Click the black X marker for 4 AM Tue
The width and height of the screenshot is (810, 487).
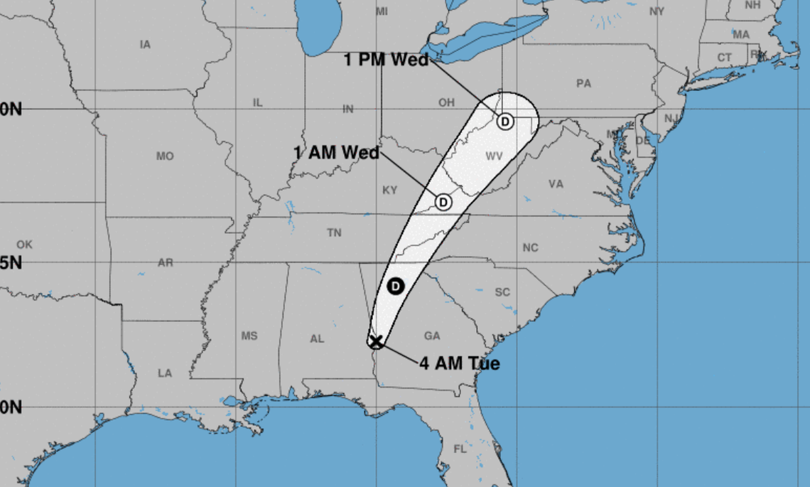tap(376, 342)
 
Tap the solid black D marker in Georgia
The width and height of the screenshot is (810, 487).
tap(396, 287)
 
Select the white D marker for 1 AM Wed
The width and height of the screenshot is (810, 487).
tap(443, 203)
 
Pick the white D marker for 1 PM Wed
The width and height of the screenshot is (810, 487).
tap(504, 122)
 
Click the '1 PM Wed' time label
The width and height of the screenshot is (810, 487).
tap(386, 60)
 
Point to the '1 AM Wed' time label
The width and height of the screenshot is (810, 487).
tap(336, 152)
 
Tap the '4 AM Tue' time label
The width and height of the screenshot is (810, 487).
tap(459, 364)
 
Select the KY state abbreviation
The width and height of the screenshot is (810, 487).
tap(389, 191)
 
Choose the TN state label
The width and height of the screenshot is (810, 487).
tap(334, 232)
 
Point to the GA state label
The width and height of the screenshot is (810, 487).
tap(432, 336)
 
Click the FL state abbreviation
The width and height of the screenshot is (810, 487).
tap(460, 449)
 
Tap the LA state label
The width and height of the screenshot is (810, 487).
tap(165, 373)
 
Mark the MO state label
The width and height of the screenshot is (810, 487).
tap(165, 156)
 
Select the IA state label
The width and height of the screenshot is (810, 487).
tap(145, 45)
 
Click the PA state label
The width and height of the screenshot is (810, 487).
tap(583, 83)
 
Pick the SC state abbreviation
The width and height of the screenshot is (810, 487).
tap(502, 292)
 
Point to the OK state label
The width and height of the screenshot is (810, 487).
tap(24, 245)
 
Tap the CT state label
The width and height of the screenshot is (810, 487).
tap(724, 58)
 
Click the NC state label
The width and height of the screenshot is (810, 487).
tap(530, 247)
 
